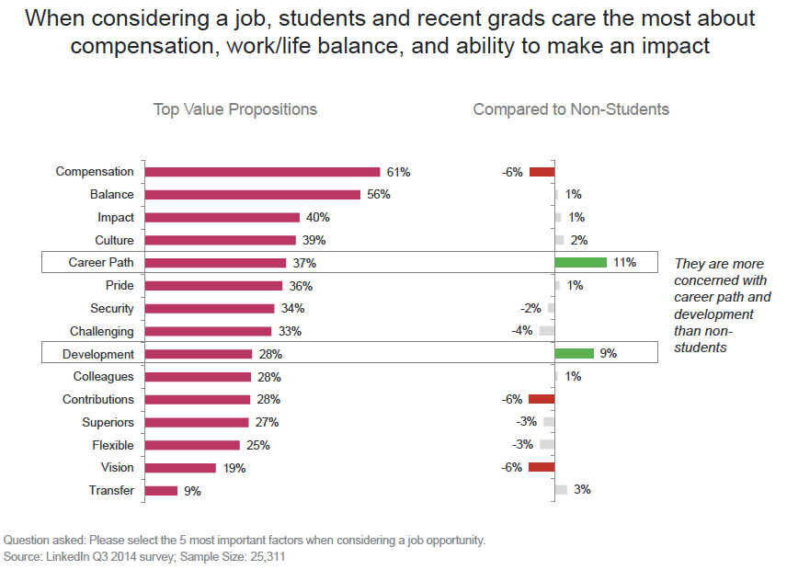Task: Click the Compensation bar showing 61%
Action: [262, 172]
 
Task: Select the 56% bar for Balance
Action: [252, 195]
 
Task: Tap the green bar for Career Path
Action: [580, 263]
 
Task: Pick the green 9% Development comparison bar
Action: [574, 354]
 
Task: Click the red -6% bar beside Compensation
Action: [542, 172]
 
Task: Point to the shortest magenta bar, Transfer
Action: [161, 491]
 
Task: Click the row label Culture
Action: [114, 241]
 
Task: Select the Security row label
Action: [111, 309]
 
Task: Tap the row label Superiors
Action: [108, 423]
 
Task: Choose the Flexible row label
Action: [112, 445]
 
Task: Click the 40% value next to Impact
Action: [317, 218]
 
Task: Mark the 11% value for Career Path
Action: [624, 263]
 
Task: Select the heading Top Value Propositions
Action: [234, 109]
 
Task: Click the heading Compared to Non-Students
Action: [571, 109]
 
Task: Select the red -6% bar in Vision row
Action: [542, 468]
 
